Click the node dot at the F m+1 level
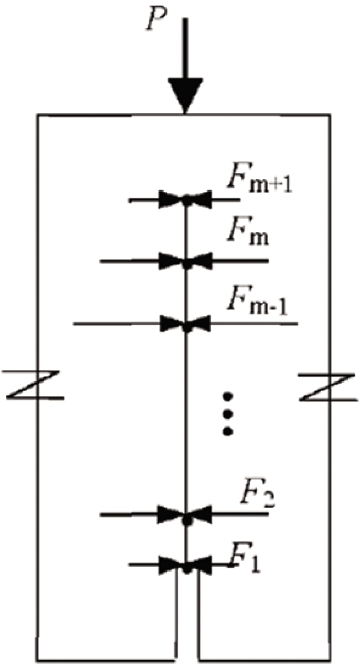(186, 201)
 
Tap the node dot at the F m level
(186, 264)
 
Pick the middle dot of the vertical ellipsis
(228, 414)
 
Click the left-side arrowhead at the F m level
(171, 261)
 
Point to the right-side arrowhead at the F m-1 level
(199, 324)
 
